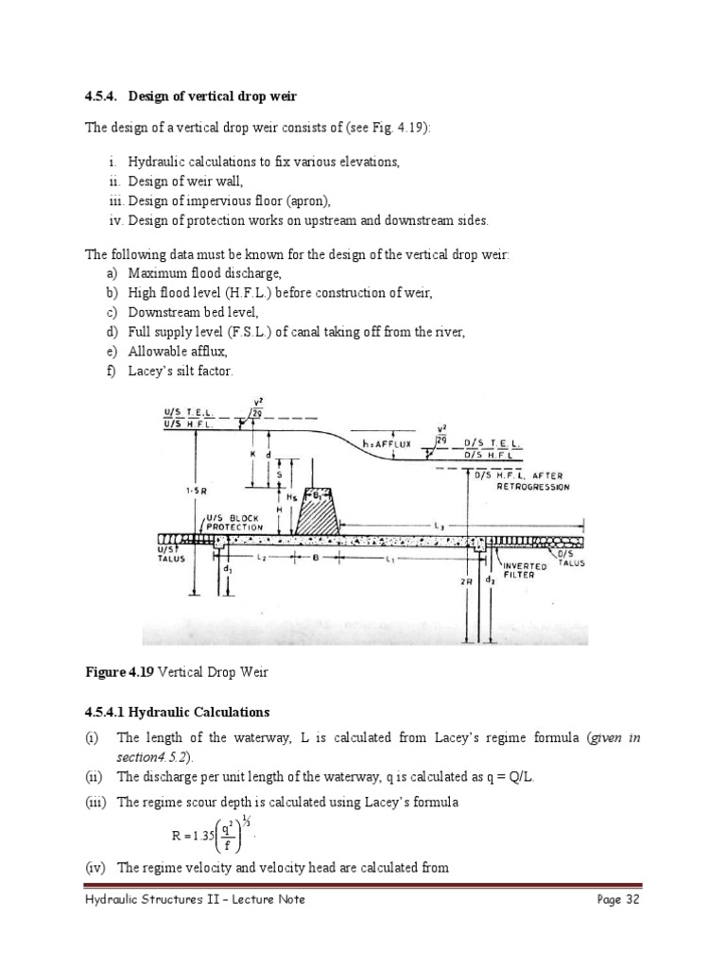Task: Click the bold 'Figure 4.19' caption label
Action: click(119, 672)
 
